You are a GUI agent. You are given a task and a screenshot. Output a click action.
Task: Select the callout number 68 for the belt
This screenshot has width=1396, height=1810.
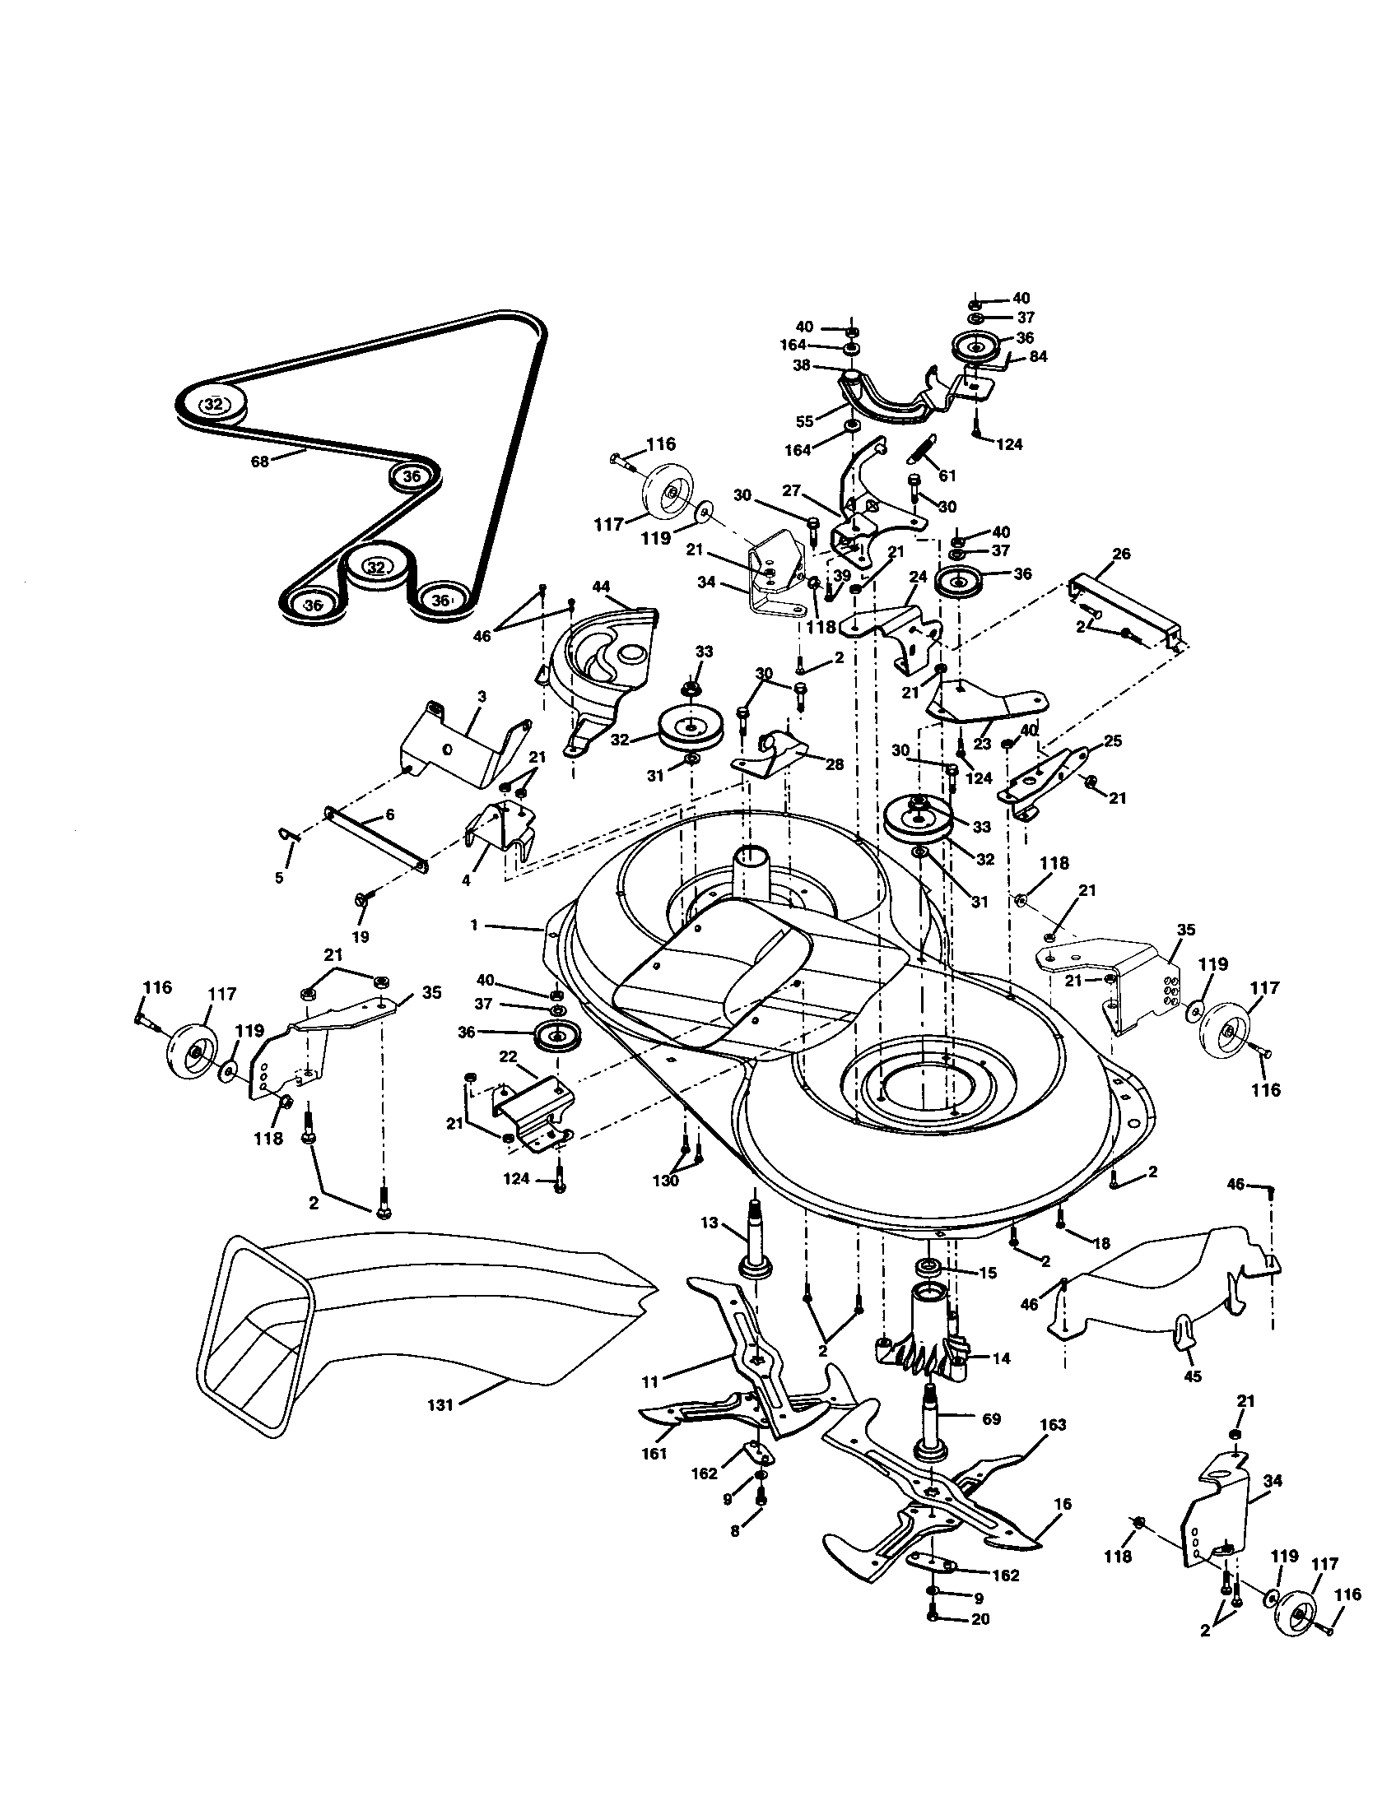[260, 462]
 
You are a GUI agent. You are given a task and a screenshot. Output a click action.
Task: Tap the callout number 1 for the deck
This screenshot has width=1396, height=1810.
[474, 925]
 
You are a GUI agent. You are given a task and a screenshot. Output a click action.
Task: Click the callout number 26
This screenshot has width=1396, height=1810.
[1121, 554]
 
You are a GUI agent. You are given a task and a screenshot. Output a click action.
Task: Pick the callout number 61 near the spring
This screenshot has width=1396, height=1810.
[947, 476]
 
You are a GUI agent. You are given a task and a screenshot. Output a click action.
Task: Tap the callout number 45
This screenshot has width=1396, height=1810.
[1191, 1376]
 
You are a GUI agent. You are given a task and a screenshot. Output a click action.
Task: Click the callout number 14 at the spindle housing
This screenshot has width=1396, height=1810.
[1001, 1358]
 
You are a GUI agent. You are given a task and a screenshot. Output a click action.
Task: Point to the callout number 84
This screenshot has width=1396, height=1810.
[1038, 356]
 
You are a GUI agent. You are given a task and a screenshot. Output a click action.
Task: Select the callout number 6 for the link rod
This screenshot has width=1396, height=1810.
[389, 814]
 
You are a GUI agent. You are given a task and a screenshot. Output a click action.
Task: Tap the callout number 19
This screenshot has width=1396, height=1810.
[361, 937]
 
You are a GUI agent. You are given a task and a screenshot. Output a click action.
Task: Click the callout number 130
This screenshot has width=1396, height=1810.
[666, 1181]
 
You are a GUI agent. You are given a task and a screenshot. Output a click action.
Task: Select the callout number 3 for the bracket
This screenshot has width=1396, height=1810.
[481, 697]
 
